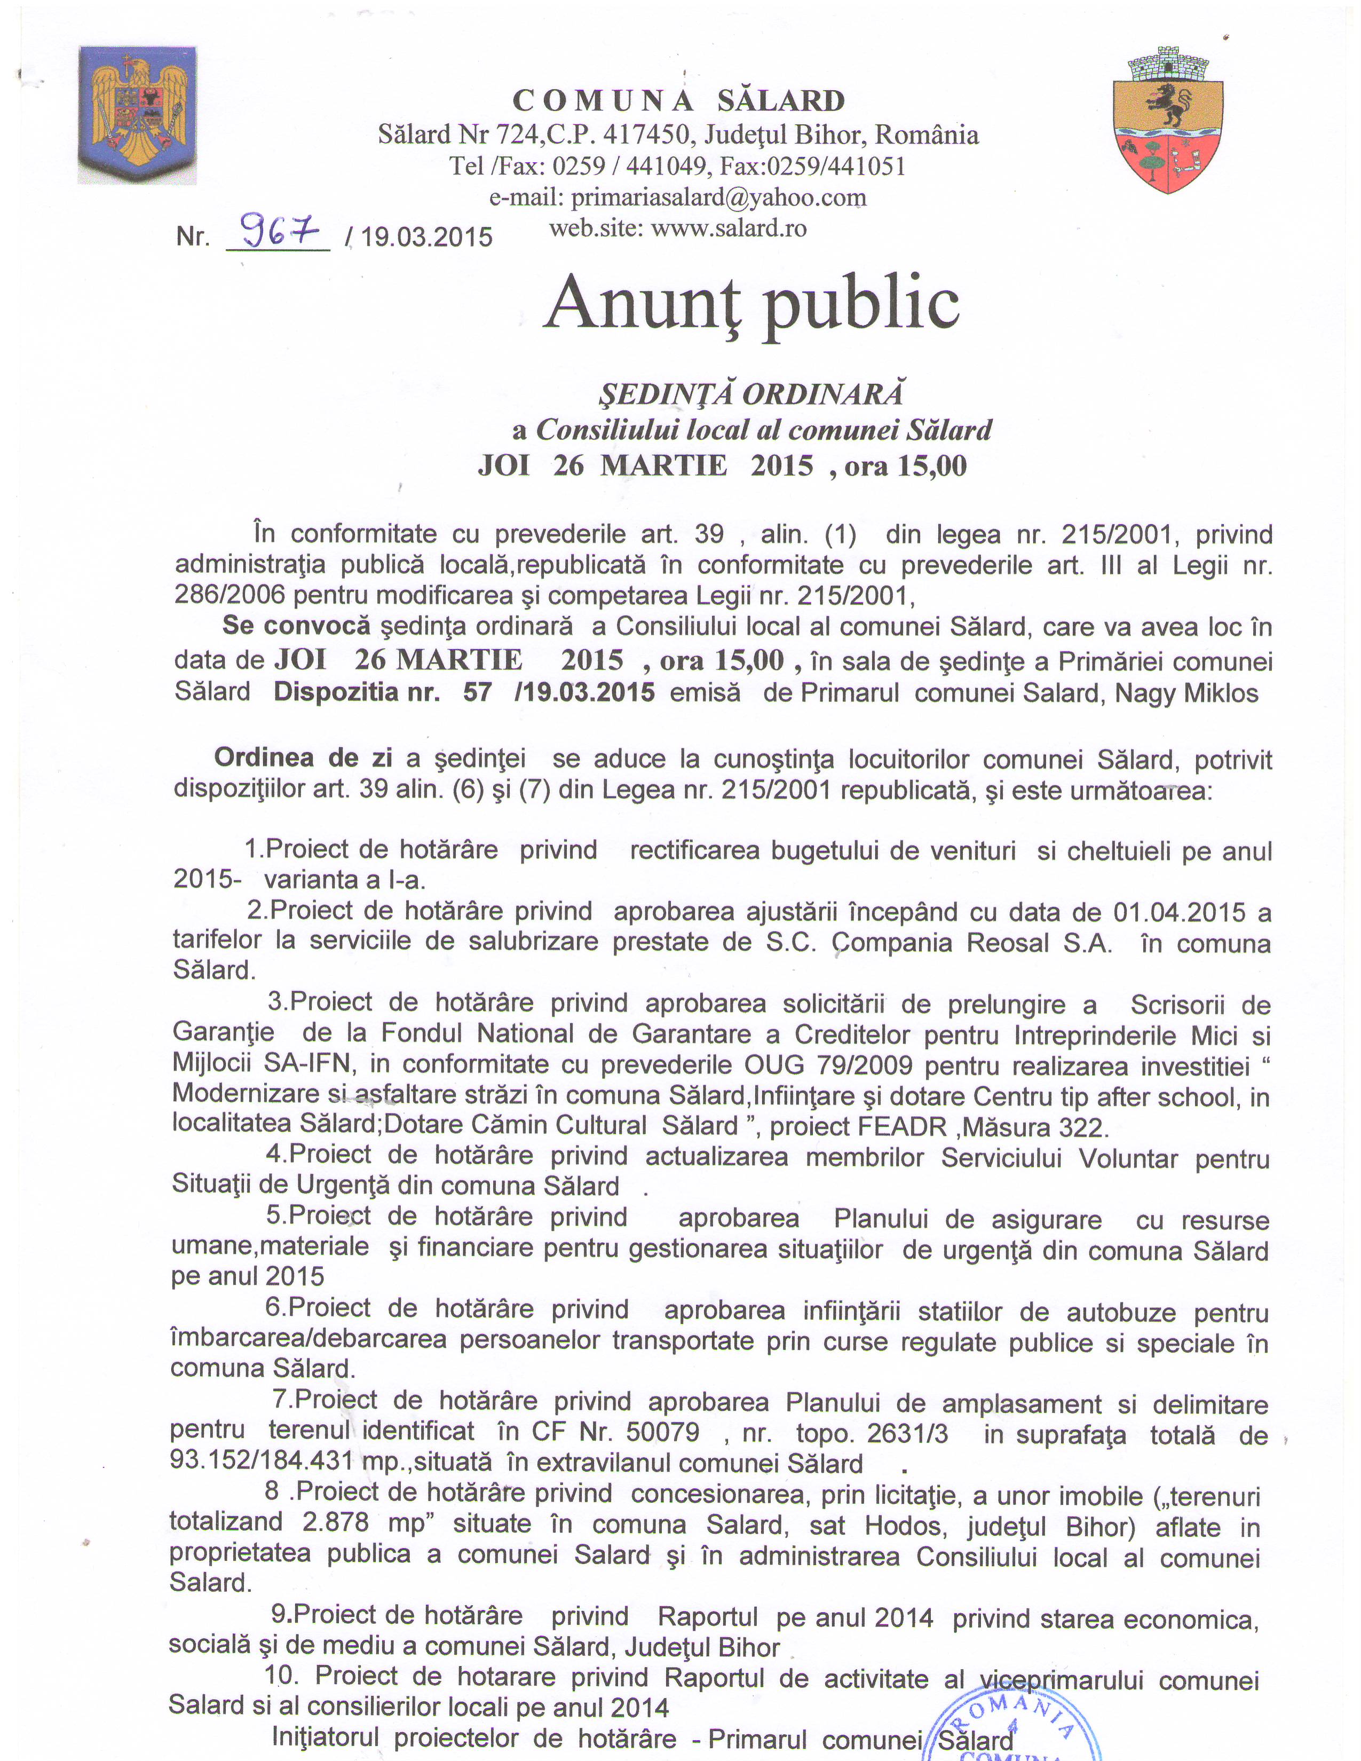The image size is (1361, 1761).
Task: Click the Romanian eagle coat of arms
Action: pyautogui.click(x=137, y=115)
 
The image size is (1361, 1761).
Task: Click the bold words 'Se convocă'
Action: pyautogui.click(x=296, y=626)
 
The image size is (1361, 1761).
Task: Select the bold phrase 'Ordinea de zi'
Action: pyautogui.click(x=303, y=758)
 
